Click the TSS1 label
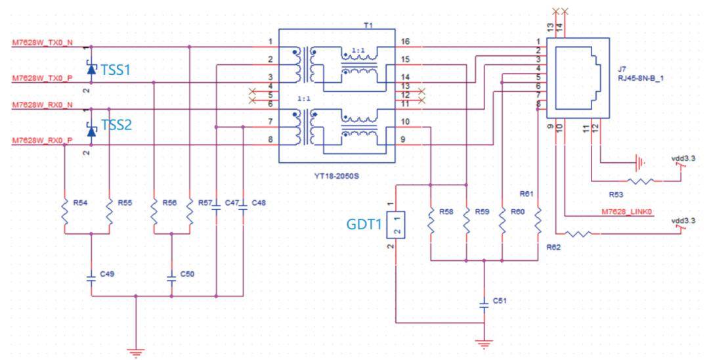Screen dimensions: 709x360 coord(116,70)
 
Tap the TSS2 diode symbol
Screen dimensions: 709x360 coord(91,131)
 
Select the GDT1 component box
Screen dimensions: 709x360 coord(395,225)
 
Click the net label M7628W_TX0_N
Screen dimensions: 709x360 coord(42,43)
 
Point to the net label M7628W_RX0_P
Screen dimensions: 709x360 coord(42,141)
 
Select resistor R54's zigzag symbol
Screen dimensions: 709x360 coord(64,212)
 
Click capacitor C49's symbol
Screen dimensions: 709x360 coord(91,277)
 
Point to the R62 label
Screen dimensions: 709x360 coord(553,248)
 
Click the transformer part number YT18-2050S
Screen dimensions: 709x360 coord(336,175)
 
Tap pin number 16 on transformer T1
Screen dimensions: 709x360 coord(404,42)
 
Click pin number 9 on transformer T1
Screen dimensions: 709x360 coord(403,140)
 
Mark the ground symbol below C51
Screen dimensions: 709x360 coord(484,344)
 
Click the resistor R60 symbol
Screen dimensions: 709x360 coord(502,220)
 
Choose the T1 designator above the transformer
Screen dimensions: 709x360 coord(368,26)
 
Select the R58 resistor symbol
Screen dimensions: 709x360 coord(431,220)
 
